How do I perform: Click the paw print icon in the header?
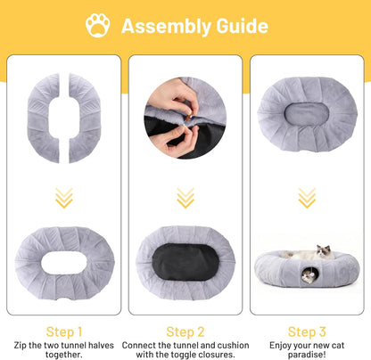point(98,26)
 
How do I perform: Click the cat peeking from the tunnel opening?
point(307,277)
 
